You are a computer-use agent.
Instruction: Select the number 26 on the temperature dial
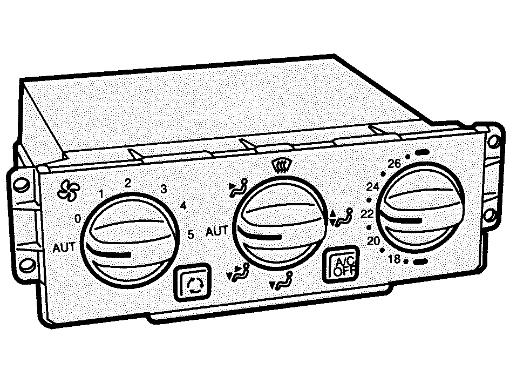pos(394,164)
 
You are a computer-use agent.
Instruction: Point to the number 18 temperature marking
pos(394,259)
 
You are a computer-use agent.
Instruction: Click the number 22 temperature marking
pos(367,214)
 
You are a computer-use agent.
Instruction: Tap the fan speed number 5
pos(191,234)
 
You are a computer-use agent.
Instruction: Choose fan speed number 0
pos(77,219)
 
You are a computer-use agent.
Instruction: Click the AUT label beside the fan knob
pos(64,247)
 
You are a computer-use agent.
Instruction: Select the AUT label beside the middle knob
pos(217,231)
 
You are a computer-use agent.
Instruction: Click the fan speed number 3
pos(164,189)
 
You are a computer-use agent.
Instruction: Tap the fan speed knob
pos(130,240)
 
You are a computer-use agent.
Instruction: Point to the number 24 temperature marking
pos(373,187)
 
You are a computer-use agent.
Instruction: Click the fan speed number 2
pos(128,183)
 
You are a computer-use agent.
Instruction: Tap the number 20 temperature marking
pos(373,241)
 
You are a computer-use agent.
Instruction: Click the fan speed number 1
pos(101,194)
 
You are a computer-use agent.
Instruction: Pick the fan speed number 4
pos(183,205)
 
